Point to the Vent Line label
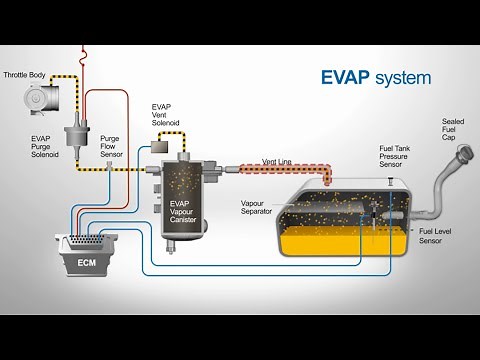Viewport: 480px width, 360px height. point(276,161)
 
